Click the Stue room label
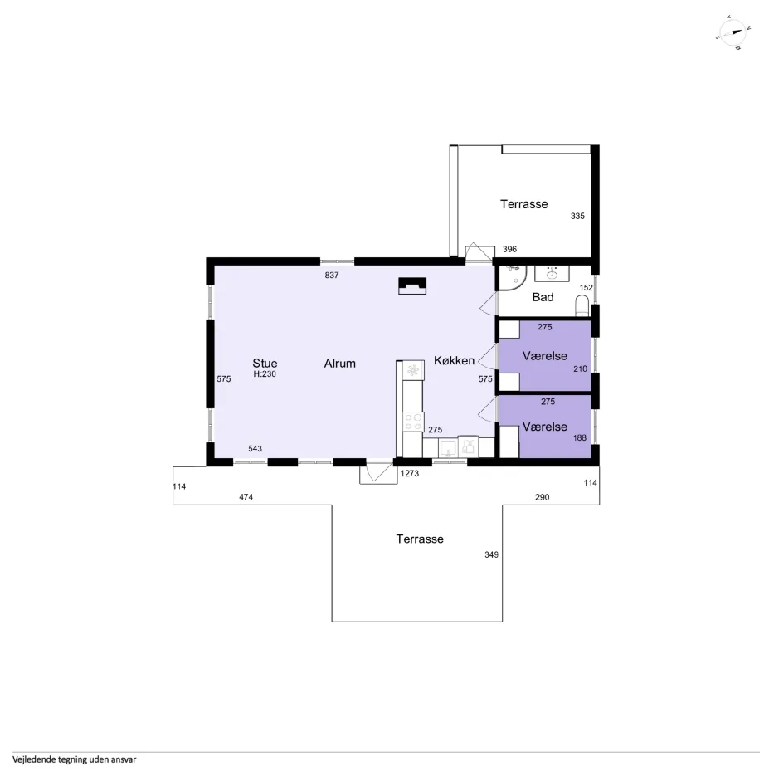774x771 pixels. tap(265, 363)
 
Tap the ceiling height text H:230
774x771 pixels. tap(265, 373)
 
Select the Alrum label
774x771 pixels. tap(340, 363)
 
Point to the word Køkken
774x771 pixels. tap(454, 360)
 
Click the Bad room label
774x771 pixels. tap(543, 296)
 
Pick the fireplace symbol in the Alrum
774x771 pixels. tap(412, 286)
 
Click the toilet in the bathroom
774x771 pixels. tap(582, 305)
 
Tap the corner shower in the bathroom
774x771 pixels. tap(510, 278)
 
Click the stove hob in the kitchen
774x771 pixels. tap(411, 422)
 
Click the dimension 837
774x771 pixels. tap(332, 275)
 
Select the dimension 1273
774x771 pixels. tap(410, 473)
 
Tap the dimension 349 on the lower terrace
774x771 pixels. tap(491, 554)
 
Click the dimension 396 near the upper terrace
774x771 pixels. tap(509, 249)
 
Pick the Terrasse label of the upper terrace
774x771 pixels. tap(523, 203)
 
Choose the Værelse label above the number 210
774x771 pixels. tap(544, 355)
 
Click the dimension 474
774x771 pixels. tap(246, 496)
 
